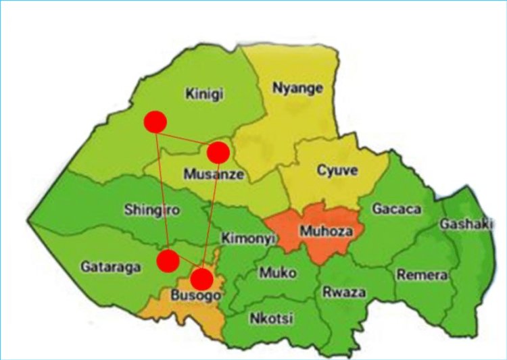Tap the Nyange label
[x=297, y=88]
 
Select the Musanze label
[x=214, y=174]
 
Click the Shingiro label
[x=152, y=210]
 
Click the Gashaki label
[x=466, y=224]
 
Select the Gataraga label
[x=111, y=267]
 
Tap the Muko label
[x=278, y=274]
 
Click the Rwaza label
[x=344, y=292]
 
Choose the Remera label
[x=422, y=275]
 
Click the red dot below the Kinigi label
[x=155, y=122]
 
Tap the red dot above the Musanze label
[x=218, y=153]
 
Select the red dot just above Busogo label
[x=201, y=278]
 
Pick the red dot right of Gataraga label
[x=168, y=259]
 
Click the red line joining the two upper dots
[x=187, y=138]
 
